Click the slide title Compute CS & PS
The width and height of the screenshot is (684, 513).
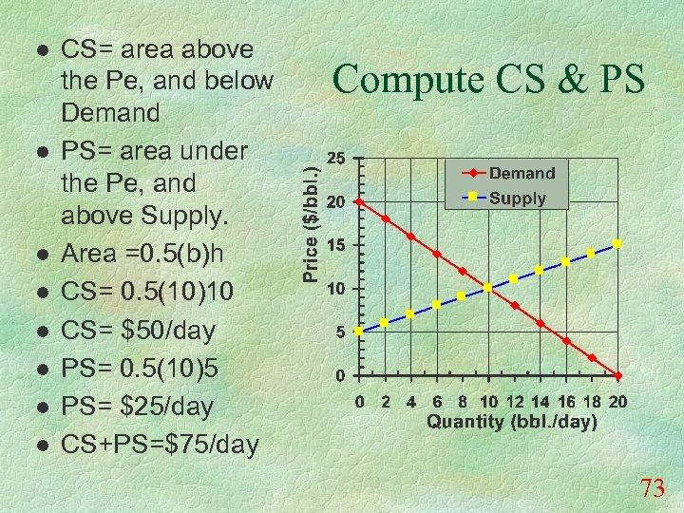[488, 79]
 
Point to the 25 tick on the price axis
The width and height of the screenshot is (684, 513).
[335, 158]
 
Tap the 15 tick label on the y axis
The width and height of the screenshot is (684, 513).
[335, 245]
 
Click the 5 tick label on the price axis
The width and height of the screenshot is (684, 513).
[339, 332]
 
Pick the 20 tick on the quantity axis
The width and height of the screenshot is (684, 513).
[617, 402]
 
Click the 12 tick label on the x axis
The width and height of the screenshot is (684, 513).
[514, 402]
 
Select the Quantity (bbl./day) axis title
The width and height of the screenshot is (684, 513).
[512, 422]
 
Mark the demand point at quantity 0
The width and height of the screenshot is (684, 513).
[358, 201]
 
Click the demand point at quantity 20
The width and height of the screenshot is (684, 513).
[617, 375]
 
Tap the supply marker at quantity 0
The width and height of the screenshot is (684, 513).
[358, 332]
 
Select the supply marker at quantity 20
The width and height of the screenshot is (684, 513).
[617, 244]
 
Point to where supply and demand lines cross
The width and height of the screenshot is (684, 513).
[488, 288]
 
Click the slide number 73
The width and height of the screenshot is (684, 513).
[653, 489]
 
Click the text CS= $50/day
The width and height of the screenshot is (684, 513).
[138, 332]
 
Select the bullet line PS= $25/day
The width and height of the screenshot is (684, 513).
[138, 406]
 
